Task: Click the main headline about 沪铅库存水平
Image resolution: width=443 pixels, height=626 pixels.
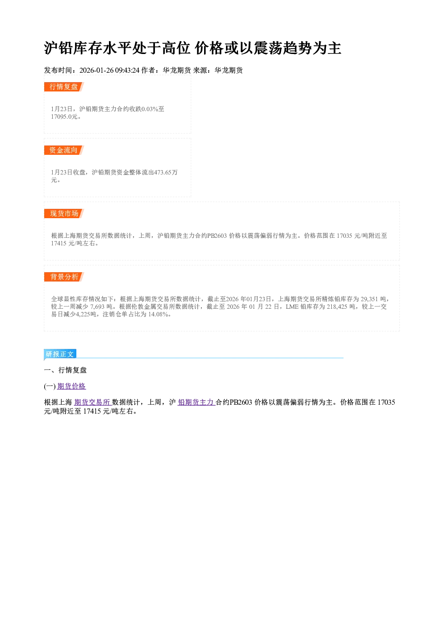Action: pos(192,48)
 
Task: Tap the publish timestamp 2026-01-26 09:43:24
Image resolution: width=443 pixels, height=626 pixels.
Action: pos(109,70)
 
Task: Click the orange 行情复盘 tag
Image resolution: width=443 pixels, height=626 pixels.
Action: pos(63,87)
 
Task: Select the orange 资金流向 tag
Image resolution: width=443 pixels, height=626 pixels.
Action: pos(63,150)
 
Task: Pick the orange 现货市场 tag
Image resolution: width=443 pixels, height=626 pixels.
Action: pos(63,214)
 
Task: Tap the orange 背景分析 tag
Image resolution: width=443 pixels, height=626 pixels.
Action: pos(63,277)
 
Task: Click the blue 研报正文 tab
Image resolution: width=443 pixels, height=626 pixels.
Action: pos(60,354)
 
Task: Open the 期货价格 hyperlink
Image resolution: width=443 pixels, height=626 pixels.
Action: pos(71,386)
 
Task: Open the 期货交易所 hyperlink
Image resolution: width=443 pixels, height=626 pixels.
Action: pos(92,402)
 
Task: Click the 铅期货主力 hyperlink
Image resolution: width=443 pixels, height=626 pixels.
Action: pos(196,402)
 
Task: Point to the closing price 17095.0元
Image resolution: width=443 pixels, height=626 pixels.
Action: pos(64,116)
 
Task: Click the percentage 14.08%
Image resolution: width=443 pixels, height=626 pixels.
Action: pos(158,314)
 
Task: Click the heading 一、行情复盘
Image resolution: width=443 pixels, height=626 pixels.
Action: pos(66,370)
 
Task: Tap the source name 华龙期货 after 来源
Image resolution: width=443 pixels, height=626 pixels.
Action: pos(229,70)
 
